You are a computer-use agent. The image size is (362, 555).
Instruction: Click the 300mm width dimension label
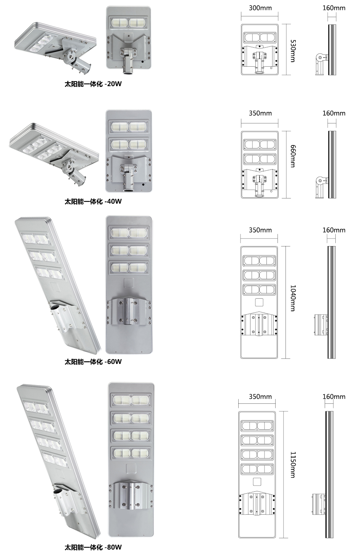[x=260, y=8]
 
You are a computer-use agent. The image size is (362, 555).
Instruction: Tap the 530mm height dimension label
[x=293, y=51]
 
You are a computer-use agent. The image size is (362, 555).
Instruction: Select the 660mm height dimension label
[x=293, y=156]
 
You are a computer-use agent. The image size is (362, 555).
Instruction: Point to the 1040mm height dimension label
[x=293, y=298]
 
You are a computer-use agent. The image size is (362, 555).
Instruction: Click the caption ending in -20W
[x=93, y=84]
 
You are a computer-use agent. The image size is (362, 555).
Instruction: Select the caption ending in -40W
[x=93, y=202]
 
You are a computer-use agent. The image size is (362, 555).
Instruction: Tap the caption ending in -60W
[x=93, y=362]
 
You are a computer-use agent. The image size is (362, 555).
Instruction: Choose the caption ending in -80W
[x=93, y=547]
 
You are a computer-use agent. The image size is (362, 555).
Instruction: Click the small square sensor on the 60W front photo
[x=129, y=283]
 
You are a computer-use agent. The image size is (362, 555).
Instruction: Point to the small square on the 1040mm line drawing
[x=259, y=302]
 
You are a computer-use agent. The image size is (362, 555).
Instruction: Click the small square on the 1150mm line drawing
[x=257, y=481]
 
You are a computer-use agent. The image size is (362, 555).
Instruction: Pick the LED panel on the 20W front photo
[x=129, y=22]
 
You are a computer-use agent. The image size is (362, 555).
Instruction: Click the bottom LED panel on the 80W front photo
[x=131, y=453]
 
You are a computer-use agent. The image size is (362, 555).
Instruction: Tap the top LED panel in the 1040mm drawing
[x=259, y=261]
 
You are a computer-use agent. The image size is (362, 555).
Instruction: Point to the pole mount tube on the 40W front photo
[x=128, y=182]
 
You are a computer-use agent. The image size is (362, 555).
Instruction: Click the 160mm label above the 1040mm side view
[x=334, y=230]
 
